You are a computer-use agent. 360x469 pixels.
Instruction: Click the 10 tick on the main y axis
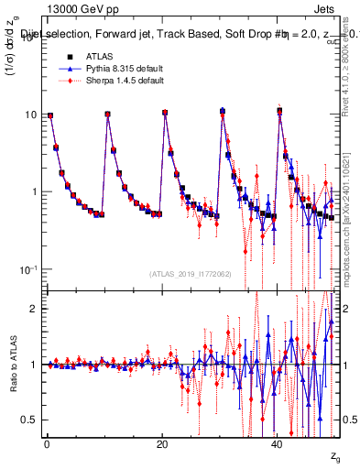[32, 115]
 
